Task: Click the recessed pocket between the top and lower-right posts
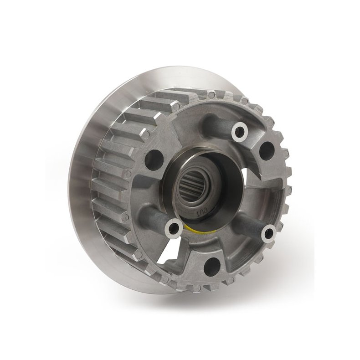pyautogui.click(x=255, y=191)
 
